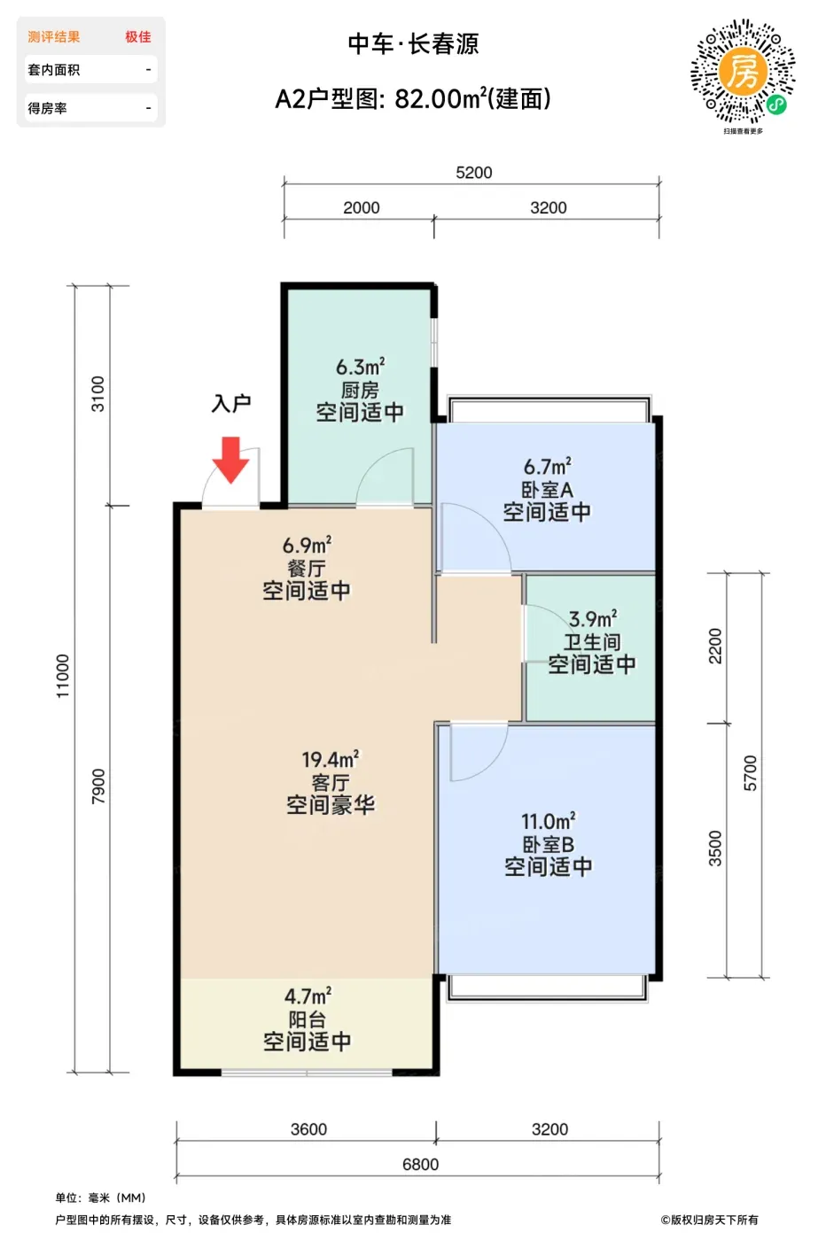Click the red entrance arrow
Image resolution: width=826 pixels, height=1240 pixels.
231,460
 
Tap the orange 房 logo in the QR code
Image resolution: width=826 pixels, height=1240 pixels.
743,70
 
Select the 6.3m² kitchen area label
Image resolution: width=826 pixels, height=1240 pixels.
360,367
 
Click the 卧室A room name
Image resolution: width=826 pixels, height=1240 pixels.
548,490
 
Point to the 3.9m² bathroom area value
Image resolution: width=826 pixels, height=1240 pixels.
593,618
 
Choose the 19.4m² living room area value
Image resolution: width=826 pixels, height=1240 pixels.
331,759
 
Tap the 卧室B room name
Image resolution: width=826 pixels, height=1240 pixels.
548,844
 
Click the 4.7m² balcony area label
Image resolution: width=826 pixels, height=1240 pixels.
308,996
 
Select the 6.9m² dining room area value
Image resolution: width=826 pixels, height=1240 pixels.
307,546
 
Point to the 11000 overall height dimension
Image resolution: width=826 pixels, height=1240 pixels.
63,676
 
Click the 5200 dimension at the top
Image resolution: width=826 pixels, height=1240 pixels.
473,173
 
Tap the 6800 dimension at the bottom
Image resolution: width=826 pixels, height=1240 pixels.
420,1164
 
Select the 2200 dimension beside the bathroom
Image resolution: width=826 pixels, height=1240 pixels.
715,646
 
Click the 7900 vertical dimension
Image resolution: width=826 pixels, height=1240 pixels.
98,787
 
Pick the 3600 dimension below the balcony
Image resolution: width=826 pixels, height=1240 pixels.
308,1128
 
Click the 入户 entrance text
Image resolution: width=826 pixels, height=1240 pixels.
231,404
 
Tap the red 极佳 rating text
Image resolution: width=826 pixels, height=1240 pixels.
138,37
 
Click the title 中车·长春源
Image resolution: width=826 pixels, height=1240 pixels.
413,43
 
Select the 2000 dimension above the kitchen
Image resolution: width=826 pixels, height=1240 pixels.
362,207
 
